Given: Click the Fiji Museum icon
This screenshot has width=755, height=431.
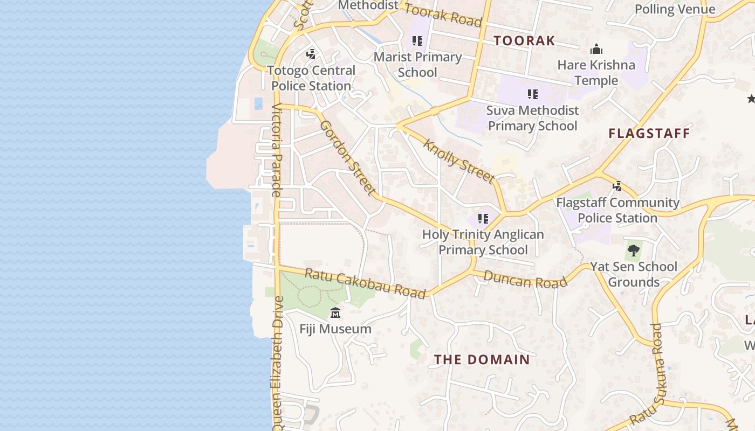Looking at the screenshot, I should click(x=335, y=312).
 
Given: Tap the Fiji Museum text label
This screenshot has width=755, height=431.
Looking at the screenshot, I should click(x=335, y=329).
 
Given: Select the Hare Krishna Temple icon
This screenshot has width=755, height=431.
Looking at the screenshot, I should click(x=596, y=50).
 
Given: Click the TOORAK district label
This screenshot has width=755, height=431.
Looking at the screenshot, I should click(x=524, y=40).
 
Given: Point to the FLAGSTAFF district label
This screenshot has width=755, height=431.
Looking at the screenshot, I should click(x=649, y=133).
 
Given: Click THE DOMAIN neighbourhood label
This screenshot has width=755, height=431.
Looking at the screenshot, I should click(x=482, y=359).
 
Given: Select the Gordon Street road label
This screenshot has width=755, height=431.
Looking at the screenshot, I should click(x=348, y=157).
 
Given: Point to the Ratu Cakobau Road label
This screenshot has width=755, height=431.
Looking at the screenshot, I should click(x=365, y=283).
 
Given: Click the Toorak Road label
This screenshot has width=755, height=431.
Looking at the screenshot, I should click(x=443, y=15).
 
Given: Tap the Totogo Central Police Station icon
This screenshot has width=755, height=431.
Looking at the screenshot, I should click(x=311, y=54).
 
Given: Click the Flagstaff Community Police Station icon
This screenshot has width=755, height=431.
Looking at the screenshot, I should click(x=617, y=187).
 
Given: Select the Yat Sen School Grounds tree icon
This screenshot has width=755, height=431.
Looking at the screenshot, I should click(x=634, y=250).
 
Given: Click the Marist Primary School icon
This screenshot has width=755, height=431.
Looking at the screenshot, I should click(x=417, y=41).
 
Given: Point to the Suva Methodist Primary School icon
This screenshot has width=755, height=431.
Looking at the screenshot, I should click(x=533, y=94).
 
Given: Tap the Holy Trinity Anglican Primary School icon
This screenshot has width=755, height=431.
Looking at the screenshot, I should click(x=483, y=219).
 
